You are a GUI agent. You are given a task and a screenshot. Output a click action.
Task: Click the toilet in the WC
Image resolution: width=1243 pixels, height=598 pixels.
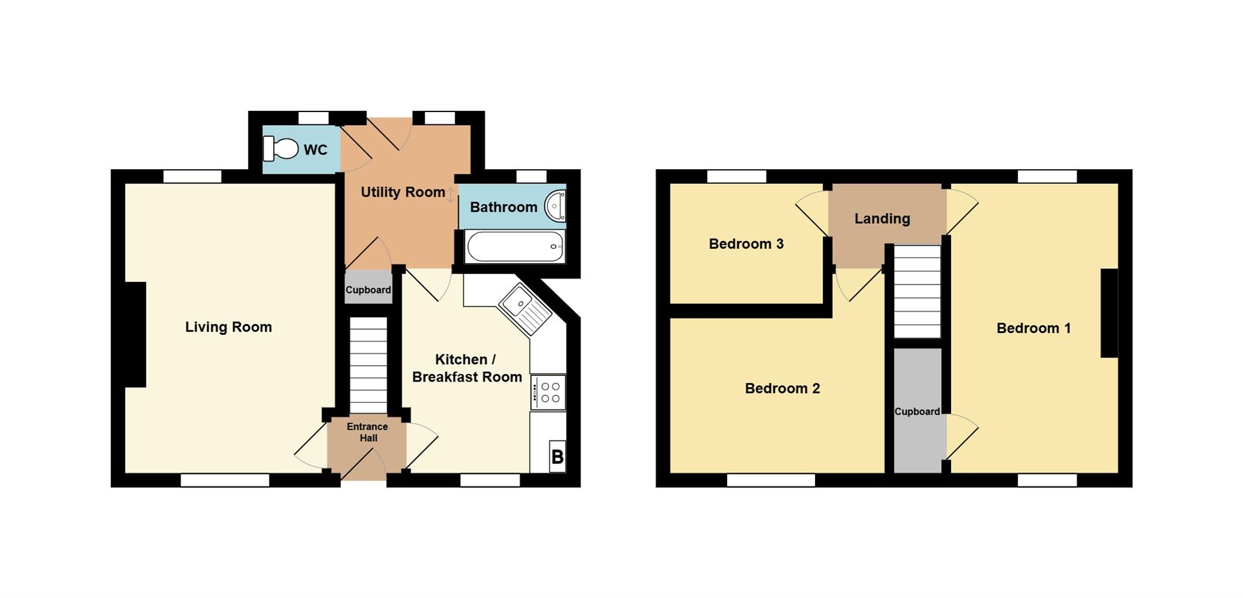[x=280, y=148]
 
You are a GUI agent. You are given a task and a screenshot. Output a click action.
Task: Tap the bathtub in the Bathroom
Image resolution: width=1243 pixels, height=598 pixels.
[x=515, y=247]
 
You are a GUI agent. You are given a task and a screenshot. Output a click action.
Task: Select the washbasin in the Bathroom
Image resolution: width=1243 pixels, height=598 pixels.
[x=555, y=206]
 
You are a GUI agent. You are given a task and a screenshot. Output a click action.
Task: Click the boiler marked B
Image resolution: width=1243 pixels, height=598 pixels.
[x=557, y=457]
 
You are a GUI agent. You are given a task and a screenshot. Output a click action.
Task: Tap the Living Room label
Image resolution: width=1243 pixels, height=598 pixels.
[x=229, y=327]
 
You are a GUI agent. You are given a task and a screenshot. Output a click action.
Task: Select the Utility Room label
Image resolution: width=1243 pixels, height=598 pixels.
[x=403, y=192]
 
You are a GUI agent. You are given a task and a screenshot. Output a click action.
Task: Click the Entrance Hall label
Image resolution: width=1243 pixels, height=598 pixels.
[x=368, y=432]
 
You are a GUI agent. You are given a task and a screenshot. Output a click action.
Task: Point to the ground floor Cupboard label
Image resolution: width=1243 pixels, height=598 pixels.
[x=368, y=290]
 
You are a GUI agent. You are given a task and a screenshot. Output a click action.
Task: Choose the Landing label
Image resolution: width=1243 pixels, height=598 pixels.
[x=882, y=219]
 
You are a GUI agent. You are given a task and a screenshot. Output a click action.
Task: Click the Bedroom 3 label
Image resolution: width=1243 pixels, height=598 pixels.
[x=746, y=244]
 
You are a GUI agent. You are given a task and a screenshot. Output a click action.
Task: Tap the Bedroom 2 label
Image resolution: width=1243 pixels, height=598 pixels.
[x=783, y=389]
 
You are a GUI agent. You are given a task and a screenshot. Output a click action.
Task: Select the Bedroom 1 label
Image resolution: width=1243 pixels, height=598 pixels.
[x=1034, y=328]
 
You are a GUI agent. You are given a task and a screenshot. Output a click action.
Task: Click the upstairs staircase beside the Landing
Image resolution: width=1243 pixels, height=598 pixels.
[x=917, y=291]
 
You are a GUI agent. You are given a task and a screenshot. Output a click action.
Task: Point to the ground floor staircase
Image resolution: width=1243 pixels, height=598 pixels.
[x=368, y=365]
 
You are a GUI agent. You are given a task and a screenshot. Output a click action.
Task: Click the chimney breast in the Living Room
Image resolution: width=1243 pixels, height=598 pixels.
[x=135, y=334]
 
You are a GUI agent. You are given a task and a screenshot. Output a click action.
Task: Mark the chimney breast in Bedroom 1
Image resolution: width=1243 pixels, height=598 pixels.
[x=1110, y=313]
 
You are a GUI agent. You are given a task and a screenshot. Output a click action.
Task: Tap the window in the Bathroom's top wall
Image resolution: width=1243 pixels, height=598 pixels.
[x=532, y=176]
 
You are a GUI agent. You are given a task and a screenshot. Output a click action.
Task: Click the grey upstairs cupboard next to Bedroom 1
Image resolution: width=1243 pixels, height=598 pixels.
[x=917, y=411]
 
